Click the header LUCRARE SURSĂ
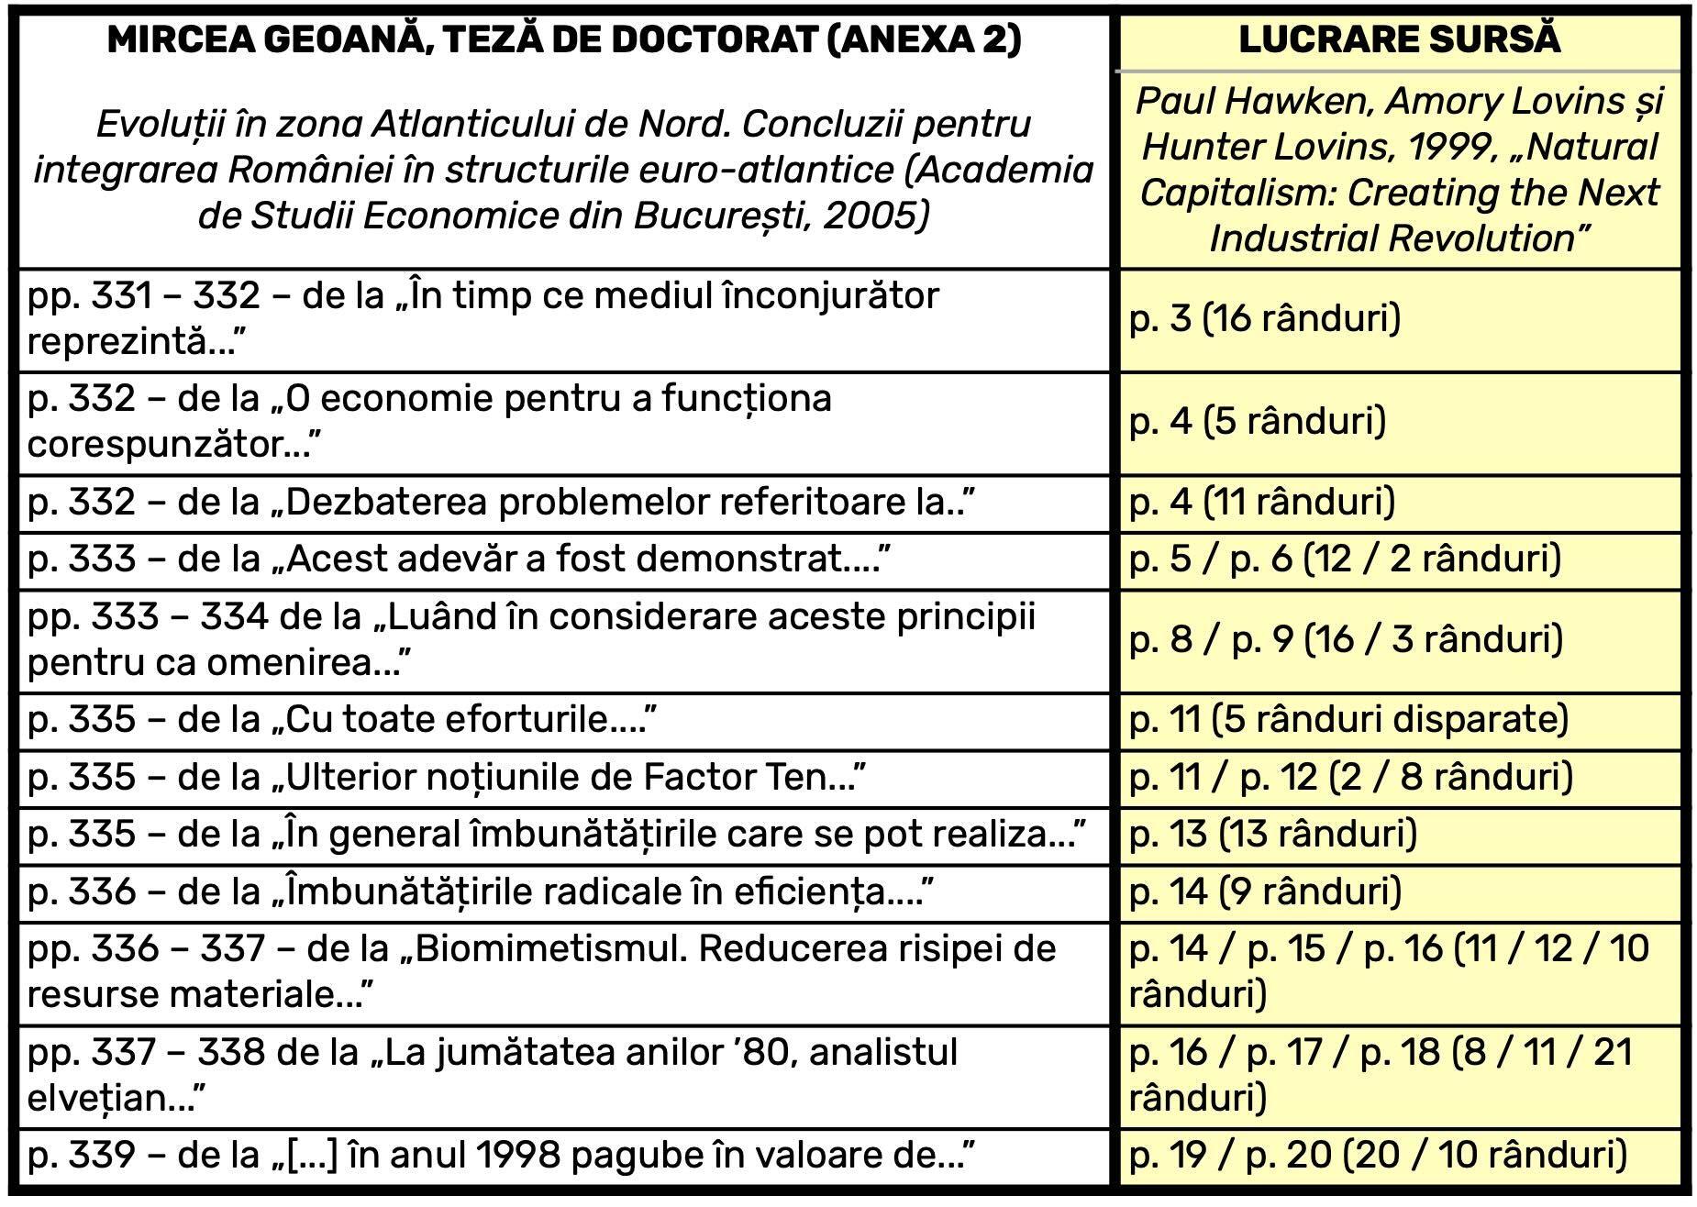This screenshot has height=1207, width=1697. (x=1399, y=39)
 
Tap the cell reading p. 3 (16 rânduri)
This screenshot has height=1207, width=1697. (x=1265, y=319)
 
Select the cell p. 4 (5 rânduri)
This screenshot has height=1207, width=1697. (x=1258, y=422)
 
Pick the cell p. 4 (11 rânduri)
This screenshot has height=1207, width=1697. (x=1262, y=503)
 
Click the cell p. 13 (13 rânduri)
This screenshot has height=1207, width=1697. (x=1273, y=835)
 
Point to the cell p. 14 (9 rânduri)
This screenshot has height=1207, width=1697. (x=1265, y=891)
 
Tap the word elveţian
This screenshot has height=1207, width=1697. (x=106, y=1098)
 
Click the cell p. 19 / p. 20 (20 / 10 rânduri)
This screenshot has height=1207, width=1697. (x=1378, y=1156)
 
